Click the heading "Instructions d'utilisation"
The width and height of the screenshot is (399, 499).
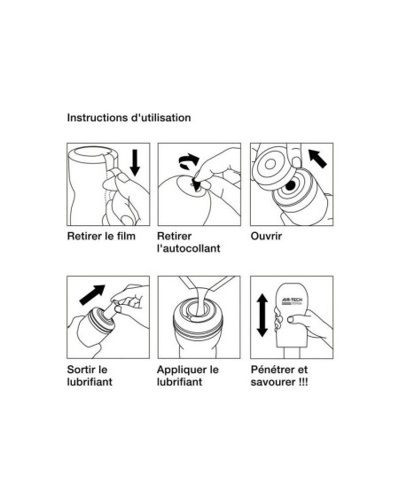tap(129, 118)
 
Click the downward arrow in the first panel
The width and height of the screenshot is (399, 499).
tap(135, 162)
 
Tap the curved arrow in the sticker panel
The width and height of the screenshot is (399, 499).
tap(189, 161)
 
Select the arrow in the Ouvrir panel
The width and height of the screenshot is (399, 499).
tap(317, 159)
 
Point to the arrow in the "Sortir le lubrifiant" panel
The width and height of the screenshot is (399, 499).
tap(92, 294)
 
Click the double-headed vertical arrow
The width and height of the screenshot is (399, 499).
tap(262, 315)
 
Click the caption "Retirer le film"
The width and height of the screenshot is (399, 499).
tap(101, 236)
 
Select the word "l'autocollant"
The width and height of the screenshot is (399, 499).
tap(189, 248)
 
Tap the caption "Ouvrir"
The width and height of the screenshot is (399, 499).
tap(266, 236)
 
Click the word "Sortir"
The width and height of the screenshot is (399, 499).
tap(82, 370)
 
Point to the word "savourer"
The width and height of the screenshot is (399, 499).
tap(273, 382)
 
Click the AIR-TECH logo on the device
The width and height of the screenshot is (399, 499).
tap(292, 301)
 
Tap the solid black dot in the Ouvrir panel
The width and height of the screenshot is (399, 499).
tap(290, 186)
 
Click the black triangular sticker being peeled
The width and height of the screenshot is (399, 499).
tap(196, 184)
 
